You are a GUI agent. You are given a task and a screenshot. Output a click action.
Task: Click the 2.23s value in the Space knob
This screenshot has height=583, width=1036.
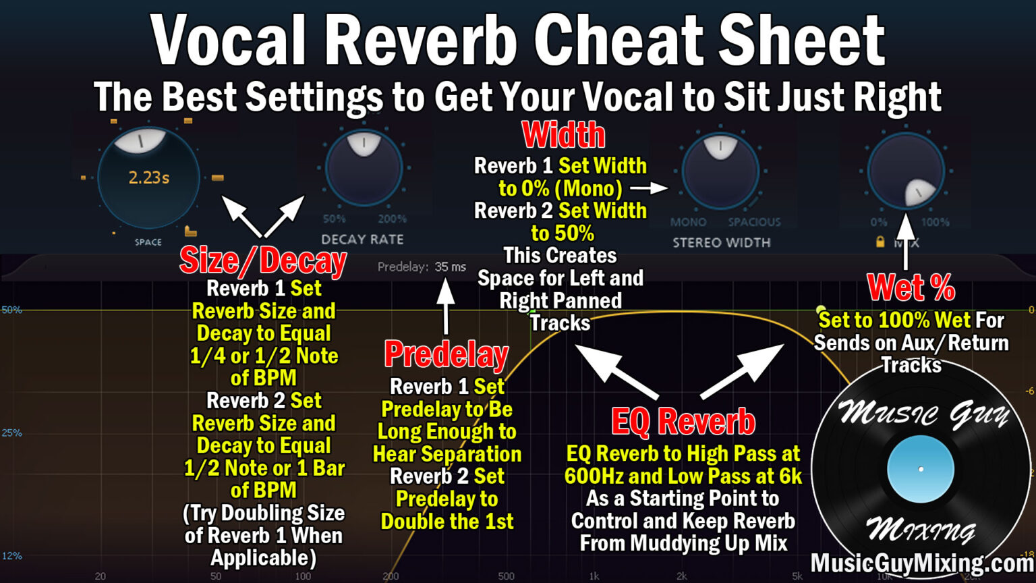149,178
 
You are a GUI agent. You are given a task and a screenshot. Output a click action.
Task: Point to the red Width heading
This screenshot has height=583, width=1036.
564,135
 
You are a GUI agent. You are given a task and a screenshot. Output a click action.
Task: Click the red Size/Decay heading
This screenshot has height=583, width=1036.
263,261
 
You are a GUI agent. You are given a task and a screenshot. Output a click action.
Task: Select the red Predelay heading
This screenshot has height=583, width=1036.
447,354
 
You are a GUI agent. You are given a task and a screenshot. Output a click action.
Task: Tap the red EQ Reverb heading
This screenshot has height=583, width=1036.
683,422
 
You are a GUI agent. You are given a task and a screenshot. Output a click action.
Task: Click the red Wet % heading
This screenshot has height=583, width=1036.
911,288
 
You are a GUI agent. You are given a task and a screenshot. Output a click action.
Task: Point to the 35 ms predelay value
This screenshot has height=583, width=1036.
451,267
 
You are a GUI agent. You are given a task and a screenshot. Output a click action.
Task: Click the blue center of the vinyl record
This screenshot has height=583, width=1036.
921,469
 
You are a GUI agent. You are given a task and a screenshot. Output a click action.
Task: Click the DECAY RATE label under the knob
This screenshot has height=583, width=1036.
362,240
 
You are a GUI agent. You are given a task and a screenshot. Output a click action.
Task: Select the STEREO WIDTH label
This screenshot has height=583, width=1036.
721,242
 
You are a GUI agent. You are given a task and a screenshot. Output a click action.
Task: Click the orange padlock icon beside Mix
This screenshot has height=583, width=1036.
880,242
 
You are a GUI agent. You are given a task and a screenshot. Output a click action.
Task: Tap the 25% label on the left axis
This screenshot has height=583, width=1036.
11,433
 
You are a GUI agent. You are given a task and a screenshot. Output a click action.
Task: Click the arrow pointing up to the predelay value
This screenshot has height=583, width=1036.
445,307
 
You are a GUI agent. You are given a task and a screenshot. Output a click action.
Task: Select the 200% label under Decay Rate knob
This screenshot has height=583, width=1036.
392,219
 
